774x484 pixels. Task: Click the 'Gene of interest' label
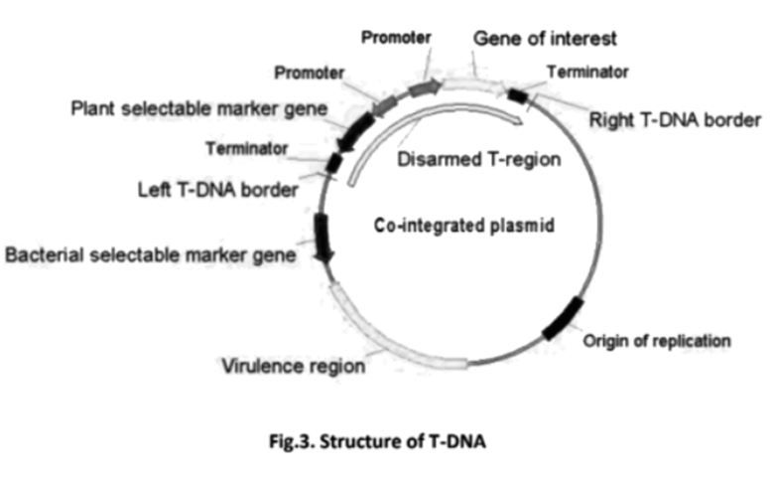click(x=545, y=39)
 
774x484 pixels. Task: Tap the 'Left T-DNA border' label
click(x=217, y=189)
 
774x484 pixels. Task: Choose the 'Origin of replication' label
click(x=657, y=341)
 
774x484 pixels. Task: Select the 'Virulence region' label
click(x=292, y=365)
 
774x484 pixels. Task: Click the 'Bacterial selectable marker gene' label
click(x=150, y=255)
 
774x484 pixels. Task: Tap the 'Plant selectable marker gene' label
click(x=199, y=106)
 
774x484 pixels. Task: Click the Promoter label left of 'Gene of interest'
click(x=397, y=38)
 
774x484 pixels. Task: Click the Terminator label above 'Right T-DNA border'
click(x=589, y=72)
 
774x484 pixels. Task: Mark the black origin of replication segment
click(x=563, y=318)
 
